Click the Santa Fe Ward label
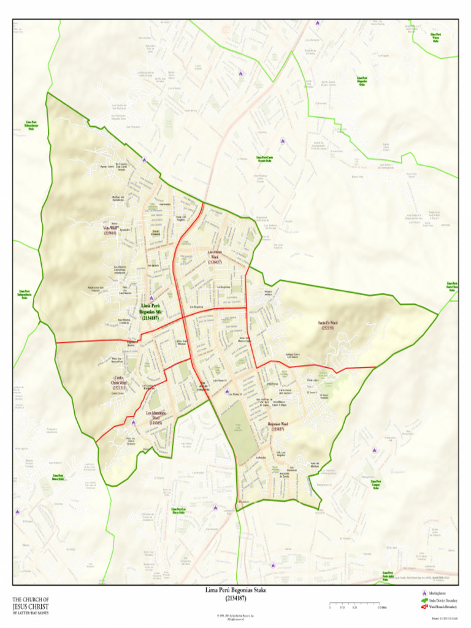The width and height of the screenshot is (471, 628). [x=327, y=325]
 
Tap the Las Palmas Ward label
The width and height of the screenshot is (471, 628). [x=214, y=257]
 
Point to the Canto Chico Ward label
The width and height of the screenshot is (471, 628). [x=119, y=383]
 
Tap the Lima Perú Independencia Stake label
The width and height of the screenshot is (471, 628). [x=25, y=294]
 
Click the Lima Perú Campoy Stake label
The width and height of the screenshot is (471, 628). [x=376, y=484]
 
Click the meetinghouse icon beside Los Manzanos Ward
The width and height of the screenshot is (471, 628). [x=133, y=422]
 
